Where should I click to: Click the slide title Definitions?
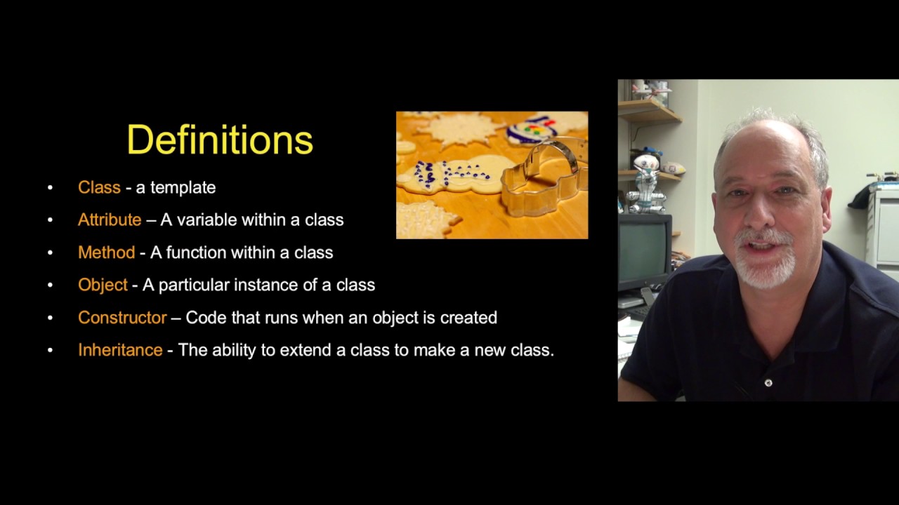tap(220, 140)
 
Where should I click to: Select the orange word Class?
tap(99, 187)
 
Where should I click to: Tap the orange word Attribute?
tap(110, 220)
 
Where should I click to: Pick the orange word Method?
tap(106, 252)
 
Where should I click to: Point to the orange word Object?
tap(103, 285)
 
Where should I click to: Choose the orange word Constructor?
tap(122, 317)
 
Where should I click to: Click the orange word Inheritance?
tap(120, 350)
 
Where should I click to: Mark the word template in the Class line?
tap(183, 187)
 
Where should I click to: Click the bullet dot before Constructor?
tap(50, 318)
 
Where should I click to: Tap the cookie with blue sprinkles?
tap(449, 175)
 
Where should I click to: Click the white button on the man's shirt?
tap(768, 383)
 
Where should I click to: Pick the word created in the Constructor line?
tap(468, 317)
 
